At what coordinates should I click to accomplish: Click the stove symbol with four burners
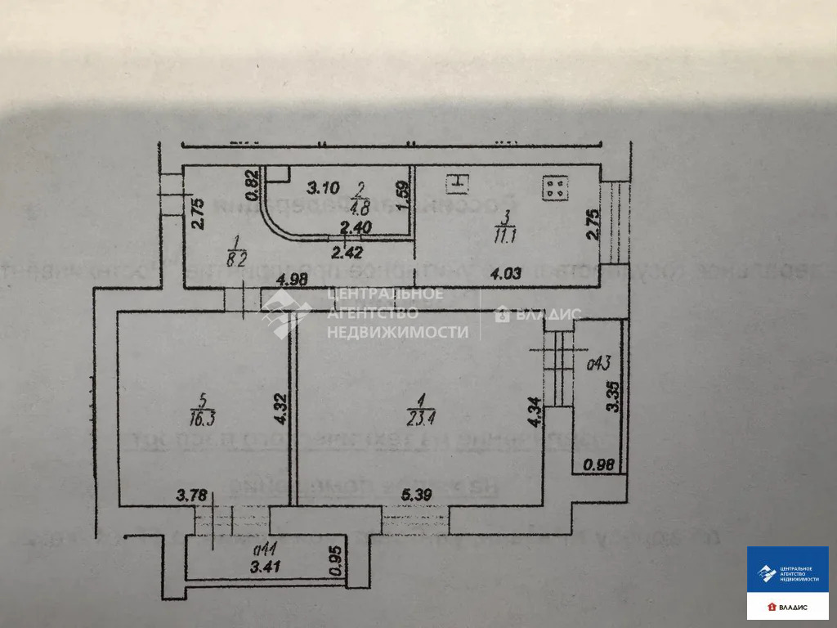556,188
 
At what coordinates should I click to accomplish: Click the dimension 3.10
322,189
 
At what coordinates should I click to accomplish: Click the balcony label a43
600,361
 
